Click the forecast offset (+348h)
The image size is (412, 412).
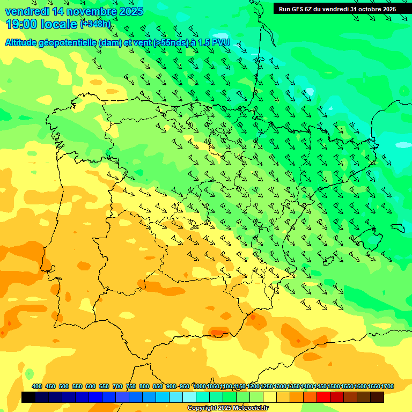tap(95, 24)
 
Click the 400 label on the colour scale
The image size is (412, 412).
tap(37, 386)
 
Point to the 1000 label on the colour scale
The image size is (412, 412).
tap(199, 386)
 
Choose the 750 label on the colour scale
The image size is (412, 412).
tap(131, 386)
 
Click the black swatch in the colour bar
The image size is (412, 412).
tap(28, 397)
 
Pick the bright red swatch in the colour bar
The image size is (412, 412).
tap(323, 397)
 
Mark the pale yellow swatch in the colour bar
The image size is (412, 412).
tap(270, 397)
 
